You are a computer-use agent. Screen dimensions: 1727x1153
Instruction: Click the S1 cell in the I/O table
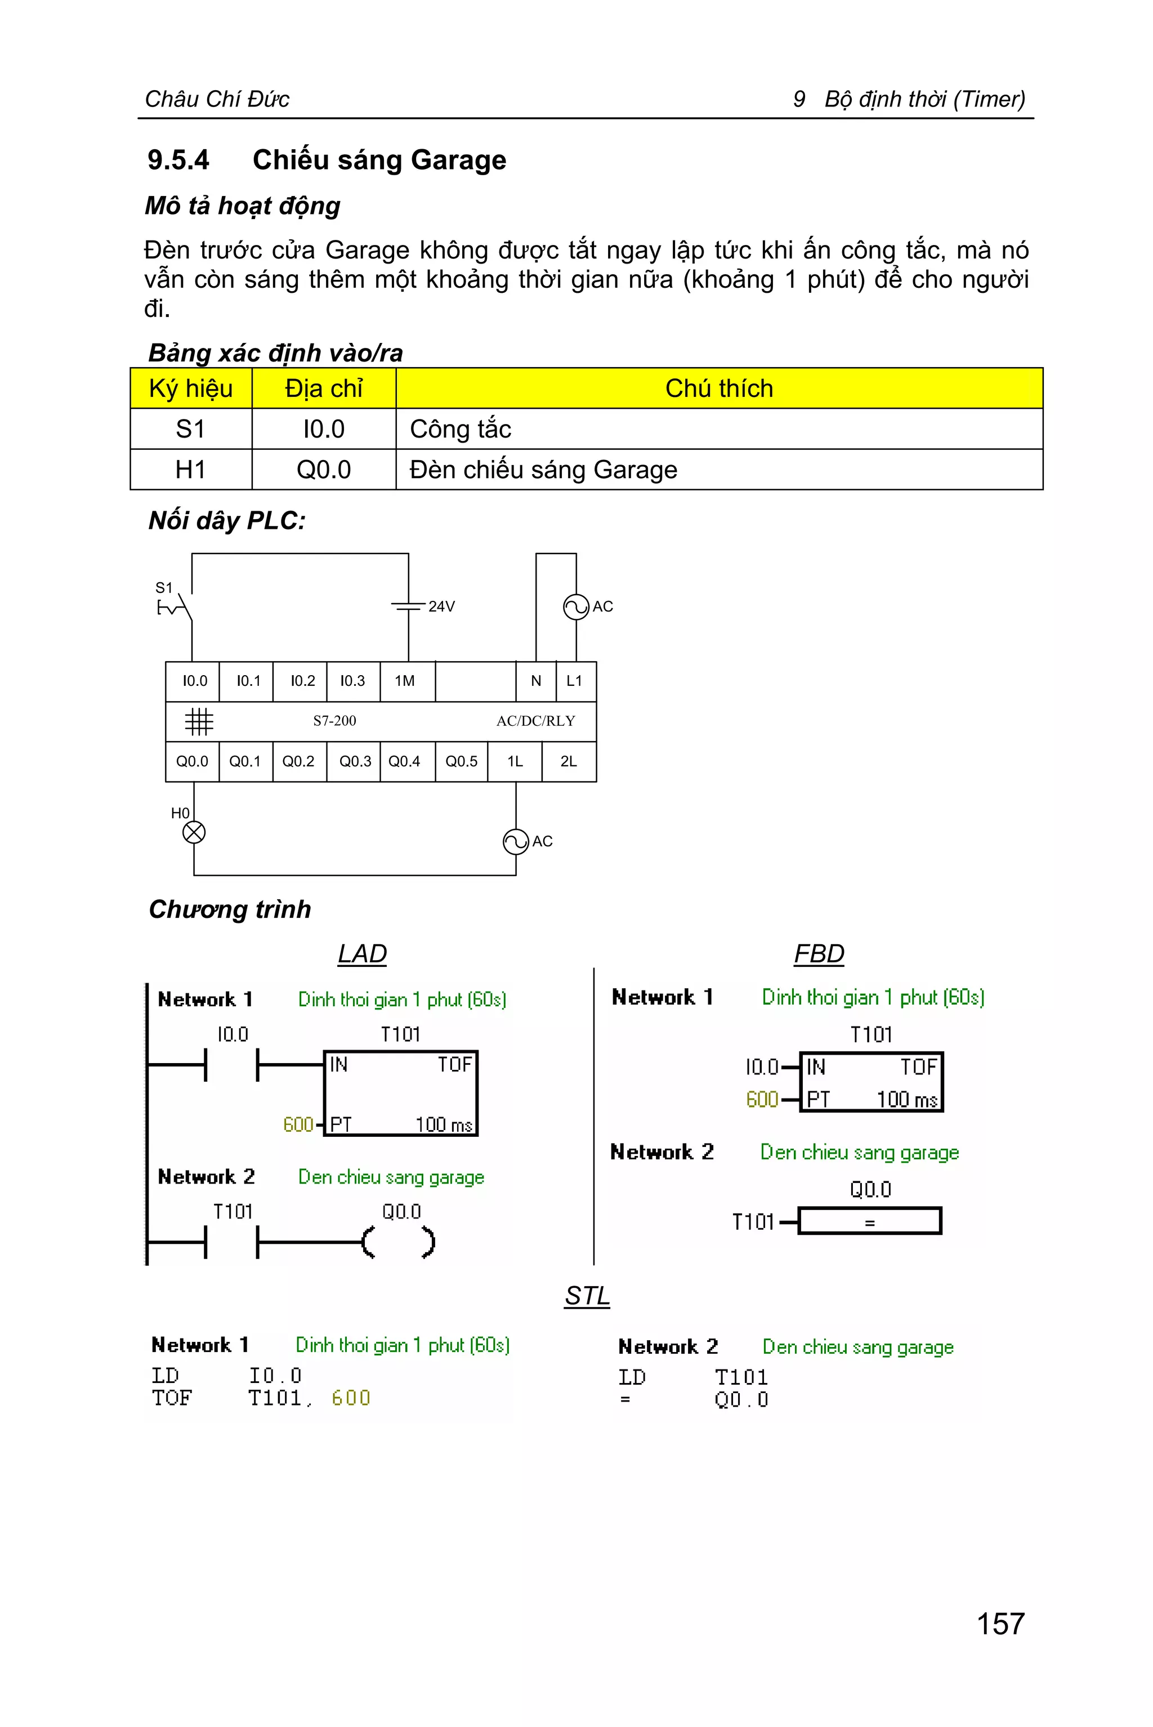[190, 429]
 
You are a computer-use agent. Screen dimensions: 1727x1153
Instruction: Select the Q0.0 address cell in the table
[324, 469]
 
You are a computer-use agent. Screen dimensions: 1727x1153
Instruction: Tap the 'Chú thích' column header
[718, 389]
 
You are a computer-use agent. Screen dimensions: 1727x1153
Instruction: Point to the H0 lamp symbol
[194, 833]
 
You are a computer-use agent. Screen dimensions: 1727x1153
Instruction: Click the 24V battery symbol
[409, 607]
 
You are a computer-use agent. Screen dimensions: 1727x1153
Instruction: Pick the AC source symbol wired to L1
[576, 607]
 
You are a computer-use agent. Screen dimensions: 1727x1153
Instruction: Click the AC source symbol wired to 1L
[516, 841]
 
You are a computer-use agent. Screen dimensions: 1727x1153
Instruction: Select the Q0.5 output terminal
[461, 761]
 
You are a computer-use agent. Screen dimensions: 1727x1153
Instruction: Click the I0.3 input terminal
[352, 681]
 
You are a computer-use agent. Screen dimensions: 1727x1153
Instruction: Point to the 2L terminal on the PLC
[569, 761]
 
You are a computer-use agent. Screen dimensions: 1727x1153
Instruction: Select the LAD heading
[362, 953]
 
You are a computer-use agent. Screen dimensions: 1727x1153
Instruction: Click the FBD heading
[819, 953]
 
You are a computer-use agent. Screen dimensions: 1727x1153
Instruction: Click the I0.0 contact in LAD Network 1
[231, 1064]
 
